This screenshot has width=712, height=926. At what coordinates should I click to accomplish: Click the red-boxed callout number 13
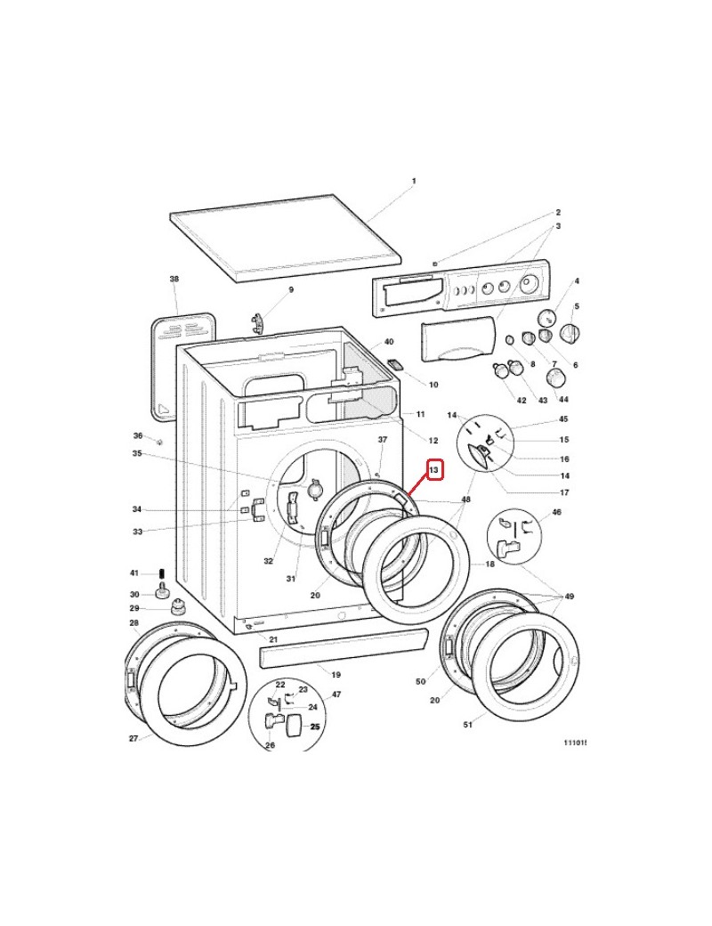coord(434,470)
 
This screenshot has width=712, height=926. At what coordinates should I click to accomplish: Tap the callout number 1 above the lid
coord(414,181)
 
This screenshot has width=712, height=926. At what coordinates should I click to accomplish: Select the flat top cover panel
coord(286,238)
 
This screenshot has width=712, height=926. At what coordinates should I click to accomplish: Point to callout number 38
coord(174,279)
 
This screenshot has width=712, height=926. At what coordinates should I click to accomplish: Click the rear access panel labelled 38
coord(182,366)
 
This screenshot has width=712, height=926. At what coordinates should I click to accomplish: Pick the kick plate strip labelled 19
coord(343,647)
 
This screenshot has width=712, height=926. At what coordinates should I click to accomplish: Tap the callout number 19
coord(336,674)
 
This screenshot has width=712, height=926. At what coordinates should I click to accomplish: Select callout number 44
coord(563,399)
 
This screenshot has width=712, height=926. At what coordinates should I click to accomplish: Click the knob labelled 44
coord(555,378)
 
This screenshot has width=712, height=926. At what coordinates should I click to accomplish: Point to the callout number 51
coord(467,725)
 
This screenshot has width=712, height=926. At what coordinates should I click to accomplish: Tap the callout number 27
coord(134,738)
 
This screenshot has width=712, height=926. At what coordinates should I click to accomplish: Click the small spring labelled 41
coord(162,573)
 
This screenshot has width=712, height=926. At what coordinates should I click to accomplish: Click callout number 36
coord(138,435)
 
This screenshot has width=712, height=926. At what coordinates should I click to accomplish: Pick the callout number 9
coord(291,289)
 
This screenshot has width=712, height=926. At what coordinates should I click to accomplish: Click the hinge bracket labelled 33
coord(257,510)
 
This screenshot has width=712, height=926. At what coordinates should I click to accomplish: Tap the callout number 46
coord(557,513)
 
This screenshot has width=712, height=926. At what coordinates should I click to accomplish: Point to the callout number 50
coord(420,681)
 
